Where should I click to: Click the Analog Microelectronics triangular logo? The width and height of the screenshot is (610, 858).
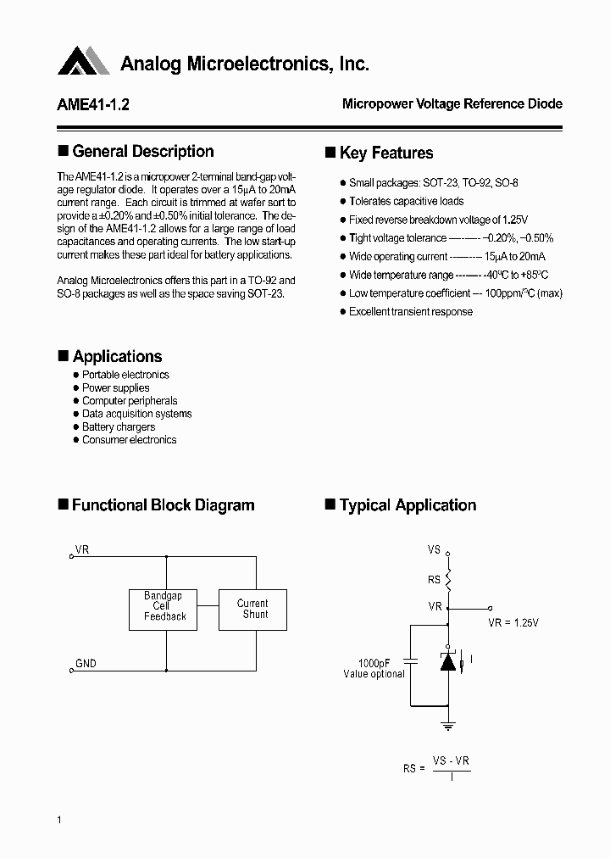(84, 61)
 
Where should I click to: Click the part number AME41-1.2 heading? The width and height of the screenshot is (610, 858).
(93, 104)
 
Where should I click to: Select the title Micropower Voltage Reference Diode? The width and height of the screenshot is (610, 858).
(452, 103)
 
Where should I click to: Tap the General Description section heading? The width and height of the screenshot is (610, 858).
(142, 152)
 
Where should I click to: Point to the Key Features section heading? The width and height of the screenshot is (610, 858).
(385, 153)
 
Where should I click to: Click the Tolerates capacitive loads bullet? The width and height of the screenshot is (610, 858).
(406, 201)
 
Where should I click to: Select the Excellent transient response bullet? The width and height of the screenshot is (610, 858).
(410, 311)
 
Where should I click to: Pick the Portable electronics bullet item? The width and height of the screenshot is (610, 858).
(125, 375)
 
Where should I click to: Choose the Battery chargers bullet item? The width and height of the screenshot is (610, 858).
(119, 427)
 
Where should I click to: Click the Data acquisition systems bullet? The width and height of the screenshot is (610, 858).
(136, 414)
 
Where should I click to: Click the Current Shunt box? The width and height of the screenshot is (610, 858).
(252, 609)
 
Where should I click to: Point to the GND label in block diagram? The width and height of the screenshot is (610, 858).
(86, 664)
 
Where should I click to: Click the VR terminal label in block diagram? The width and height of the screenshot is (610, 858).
(82, 550)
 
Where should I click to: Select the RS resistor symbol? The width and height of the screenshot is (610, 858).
(448, 579)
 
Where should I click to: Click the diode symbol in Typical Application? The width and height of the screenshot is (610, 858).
(448, 661)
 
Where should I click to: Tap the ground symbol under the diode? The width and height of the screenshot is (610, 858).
(448, 726)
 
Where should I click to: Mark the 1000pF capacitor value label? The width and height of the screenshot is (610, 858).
(374, 663)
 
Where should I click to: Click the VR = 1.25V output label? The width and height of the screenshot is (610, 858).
(513, 622)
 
